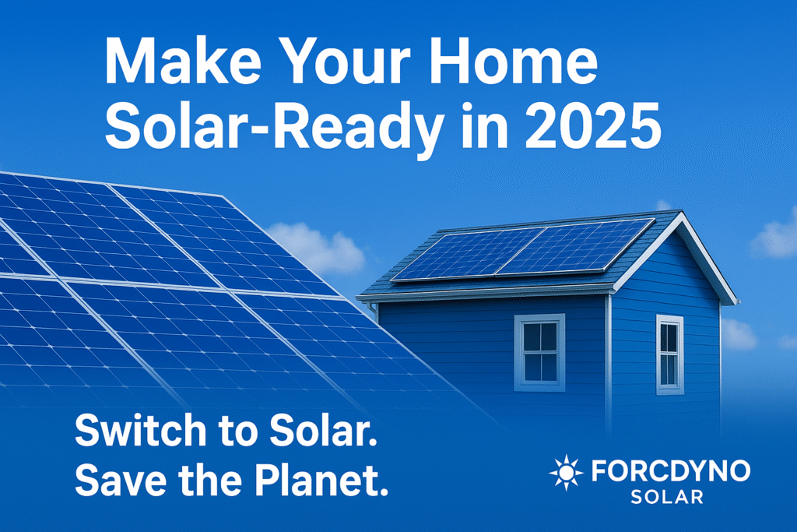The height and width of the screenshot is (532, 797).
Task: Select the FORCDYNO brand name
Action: click(670, 471)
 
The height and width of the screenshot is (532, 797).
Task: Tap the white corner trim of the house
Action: click(609, 351)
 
